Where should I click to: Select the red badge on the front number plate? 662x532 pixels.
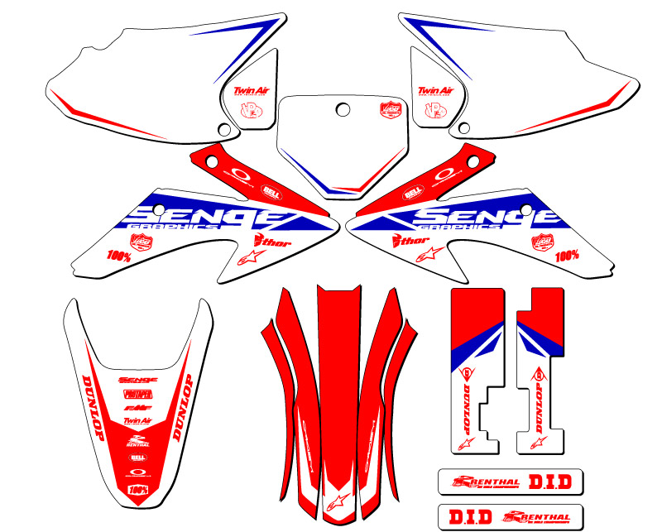coord(389,109)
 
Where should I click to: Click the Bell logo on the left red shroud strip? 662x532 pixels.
coord(270,189)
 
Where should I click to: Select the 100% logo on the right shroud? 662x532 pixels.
coord(567,256)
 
